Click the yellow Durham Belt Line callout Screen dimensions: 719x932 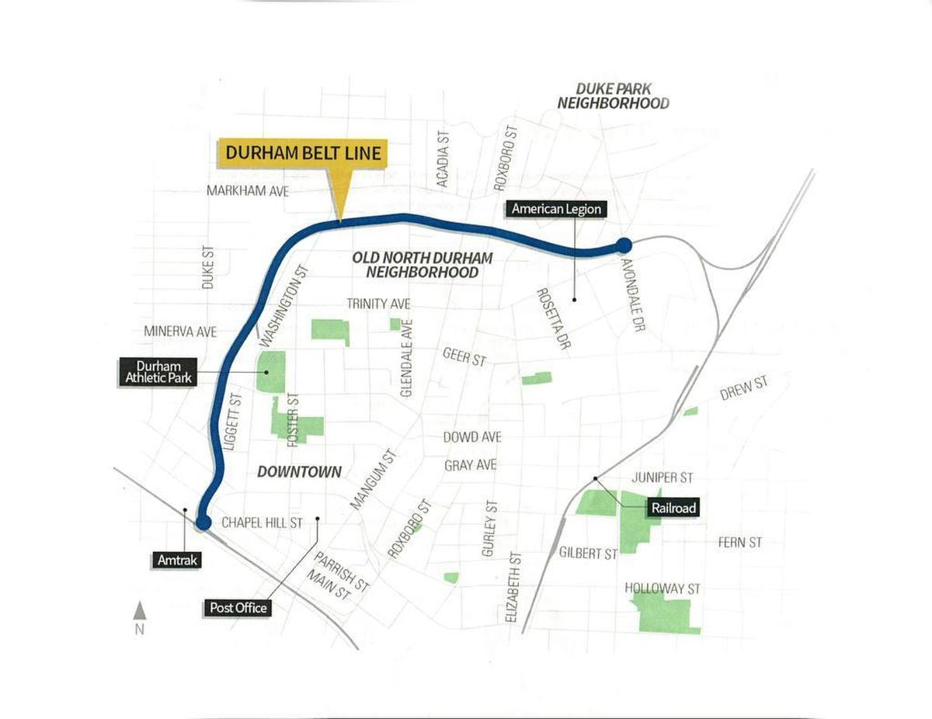click(x=303, y=153)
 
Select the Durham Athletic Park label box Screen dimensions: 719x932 click(x=158, y=372)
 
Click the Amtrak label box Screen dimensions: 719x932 click(x=177, y=558)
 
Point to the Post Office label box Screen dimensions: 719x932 click(x=238, y=607)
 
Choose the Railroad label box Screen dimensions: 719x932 click(x=673, y=509)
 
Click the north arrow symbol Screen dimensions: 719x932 click(x=140, y=612)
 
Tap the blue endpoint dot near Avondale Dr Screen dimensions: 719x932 click(x=623, y=246)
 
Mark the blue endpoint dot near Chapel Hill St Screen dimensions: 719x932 click(x=203, y=523)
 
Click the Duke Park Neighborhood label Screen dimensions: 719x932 click(x=613, y=96)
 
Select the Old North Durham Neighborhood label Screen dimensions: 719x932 click(x=422, y=264)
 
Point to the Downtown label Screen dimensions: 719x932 click(x=299, y=471)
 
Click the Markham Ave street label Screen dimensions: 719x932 click(x=247, y=190)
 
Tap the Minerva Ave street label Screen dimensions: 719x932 click(x=180, y=332)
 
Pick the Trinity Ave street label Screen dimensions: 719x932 click(x=378, y=304)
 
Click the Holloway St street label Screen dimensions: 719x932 click(x=662, y=589)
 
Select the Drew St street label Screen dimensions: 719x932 click(x=743, y=387)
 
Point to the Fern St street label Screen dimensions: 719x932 click(x=739, y=543)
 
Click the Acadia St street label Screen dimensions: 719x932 click(x=443, y=158)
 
